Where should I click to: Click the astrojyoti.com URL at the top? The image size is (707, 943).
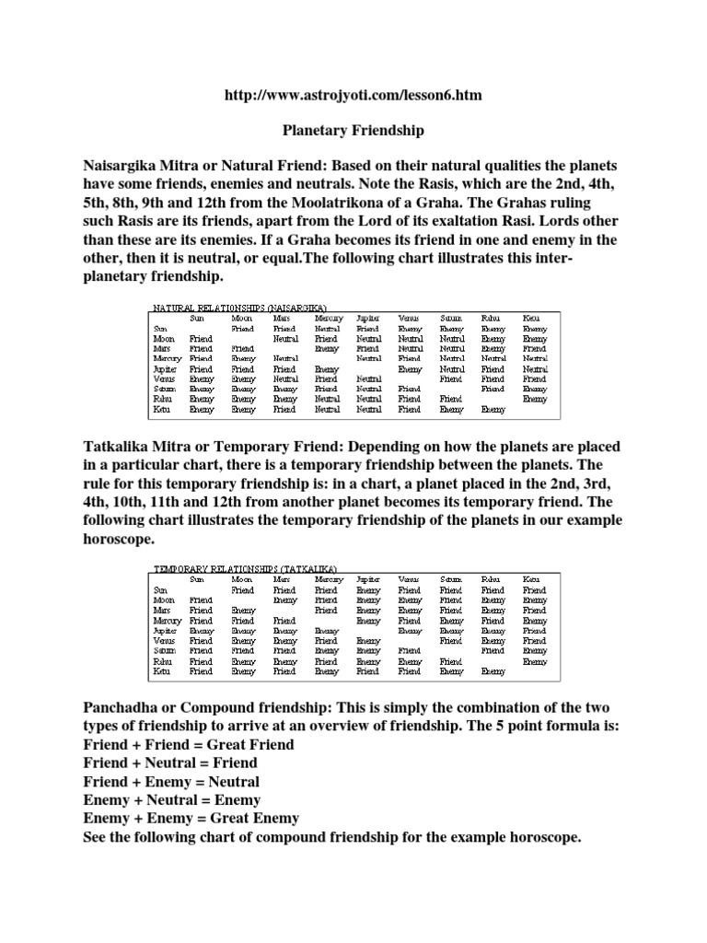click(353, 95)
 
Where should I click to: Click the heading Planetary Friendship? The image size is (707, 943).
click(353, 131)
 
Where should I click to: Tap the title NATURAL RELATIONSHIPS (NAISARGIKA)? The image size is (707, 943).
click(238, 307)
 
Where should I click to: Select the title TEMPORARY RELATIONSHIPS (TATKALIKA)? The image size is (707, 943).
click(245, 569)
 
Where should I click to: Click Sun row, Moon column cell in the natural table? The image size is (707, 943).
click(243, 328)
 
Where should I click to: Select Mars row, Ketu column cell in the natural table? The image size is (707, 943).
click(534, 348)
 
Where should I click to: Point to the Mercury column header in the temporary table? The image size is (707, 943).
click(329, 579)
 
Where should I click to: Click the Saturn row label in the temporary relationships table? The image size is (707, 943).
click(164, 650)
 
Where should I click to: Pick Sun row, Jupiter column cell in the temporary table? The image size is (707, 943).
click(368, 589)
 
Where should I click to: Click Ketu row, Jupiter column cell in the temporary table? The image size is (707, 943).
click(368, 671)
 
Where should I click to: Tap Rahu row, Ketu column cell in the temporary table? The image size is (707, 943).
click(534, 661)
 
